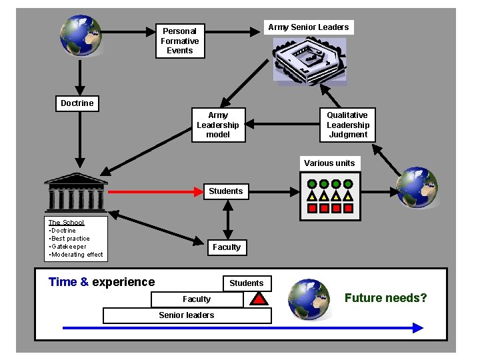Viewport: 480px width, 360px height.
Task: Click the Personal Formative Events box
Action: (179, 41)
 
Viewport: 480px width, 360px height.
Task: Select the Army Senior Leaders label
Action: (308, 27)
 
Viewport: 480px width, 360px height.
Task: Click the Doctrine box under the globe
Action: (77, 103)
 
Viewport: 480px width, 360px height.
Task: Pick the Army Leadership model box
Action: (217, 125)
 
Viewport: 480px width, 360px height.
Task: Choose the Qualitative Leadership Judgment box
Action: (347, 125)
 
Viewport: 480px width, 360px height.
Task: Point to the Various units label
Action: (329, 163)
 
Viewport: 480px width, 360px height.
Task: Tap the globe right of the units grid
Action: (417, 187)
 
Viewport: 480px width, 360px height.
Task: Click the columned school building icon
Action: (75, 191)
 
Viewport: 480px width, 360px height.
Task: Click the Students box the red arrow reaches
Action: (226, 191)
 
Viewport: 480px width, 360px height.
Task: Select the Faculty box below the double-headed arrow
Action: (227, 247)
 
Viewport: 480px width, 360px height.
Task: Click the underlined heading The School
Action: (66, 223)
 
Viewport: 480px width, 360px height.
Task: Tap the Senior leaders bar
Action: (187, 315)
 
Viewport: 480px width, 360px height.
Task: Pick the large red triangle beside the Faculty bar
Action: (258, 299)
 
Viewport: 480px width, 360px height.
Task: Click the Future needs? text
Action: (385, 298)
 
